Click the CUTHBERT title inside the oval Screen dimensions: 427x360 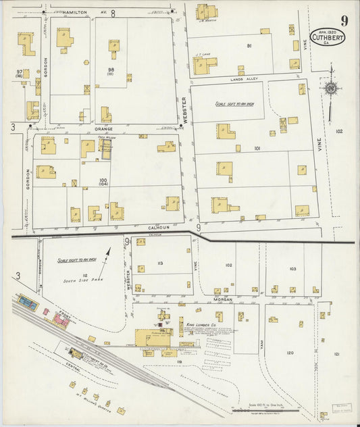(x=326, y=38)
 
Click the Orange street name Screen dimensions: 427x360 (x=103, y=128)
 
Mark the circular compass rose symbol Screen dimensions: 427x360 (x=331, y=89)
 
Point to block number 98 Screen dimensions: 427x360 (x=110, y=70)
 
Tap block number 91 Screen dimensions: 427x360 (x=249, y=46)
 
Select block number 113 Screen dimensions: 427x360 (x=159, y=263)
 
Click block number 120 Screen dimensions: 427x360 (x=289, y=353)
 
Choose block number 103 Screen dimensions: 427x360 (x=292, y=269)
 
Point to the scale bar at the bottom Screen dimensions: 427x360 (x=263, y=410)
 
